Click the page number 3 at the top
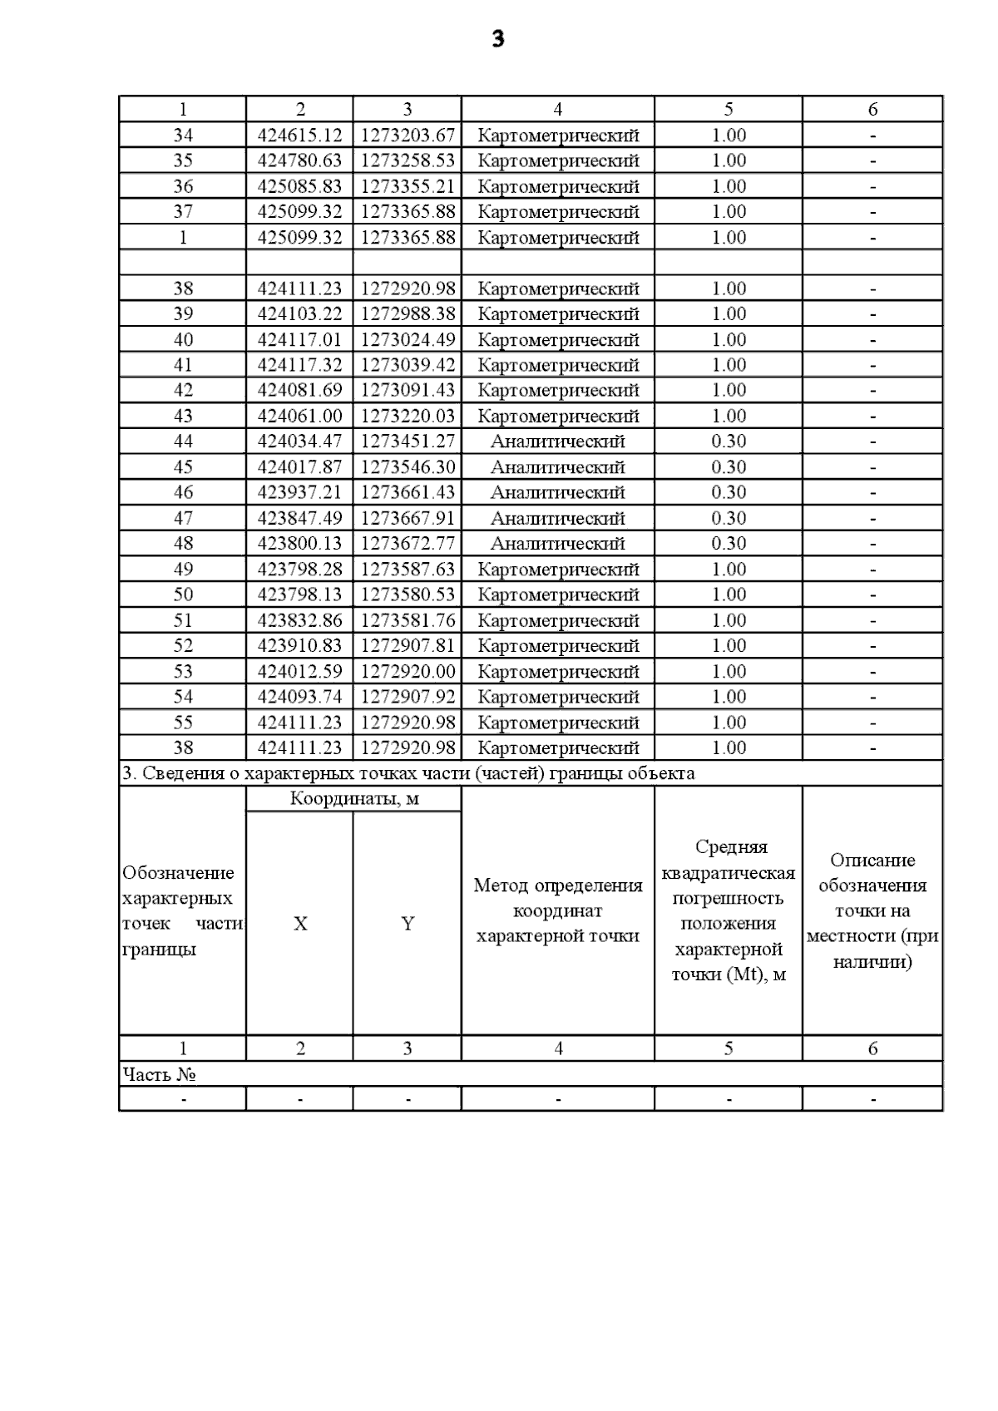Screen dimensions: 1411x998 point(497,39)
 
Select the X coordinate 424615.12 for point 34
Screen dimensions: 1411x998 point(299,136)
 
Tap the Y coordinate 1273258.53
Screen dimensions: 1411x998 point(408,160)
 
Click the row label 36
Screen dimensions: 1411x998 point(183,186)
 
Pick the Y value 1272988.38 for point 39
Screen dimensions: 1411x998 point(408,313)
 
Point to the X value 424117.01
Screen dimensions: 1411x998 point(299,339)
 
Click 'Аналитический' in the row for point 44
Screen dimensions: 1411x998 point(557,442)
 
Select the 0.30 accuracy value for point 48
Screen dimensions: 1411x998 point(729,543)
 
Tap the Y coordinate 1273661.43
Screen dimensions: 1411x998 point(408,492)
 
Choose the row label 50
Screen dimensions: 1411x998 point(183,594)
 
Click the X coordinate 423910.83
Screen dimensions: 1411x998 point(299,645)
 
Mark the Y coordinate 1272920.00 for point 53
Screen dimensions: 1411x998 point(408,671)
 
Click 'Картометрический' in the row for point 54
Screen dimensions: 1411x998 point(558,697)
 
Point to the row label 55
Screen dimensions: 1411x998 point(183,723)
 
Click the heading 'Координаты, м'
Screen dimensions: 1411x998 point(354,799)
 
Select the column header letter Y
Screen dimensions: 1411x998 point(408,924)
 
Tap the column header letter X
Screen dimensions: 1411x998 point(300,924)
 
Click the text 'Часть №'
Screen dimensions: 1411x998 point(159,1074)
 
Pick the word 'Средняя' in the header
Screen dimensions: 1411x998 point(731,847)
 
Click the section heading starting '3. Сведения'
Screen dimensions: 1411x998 point(408,773)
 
